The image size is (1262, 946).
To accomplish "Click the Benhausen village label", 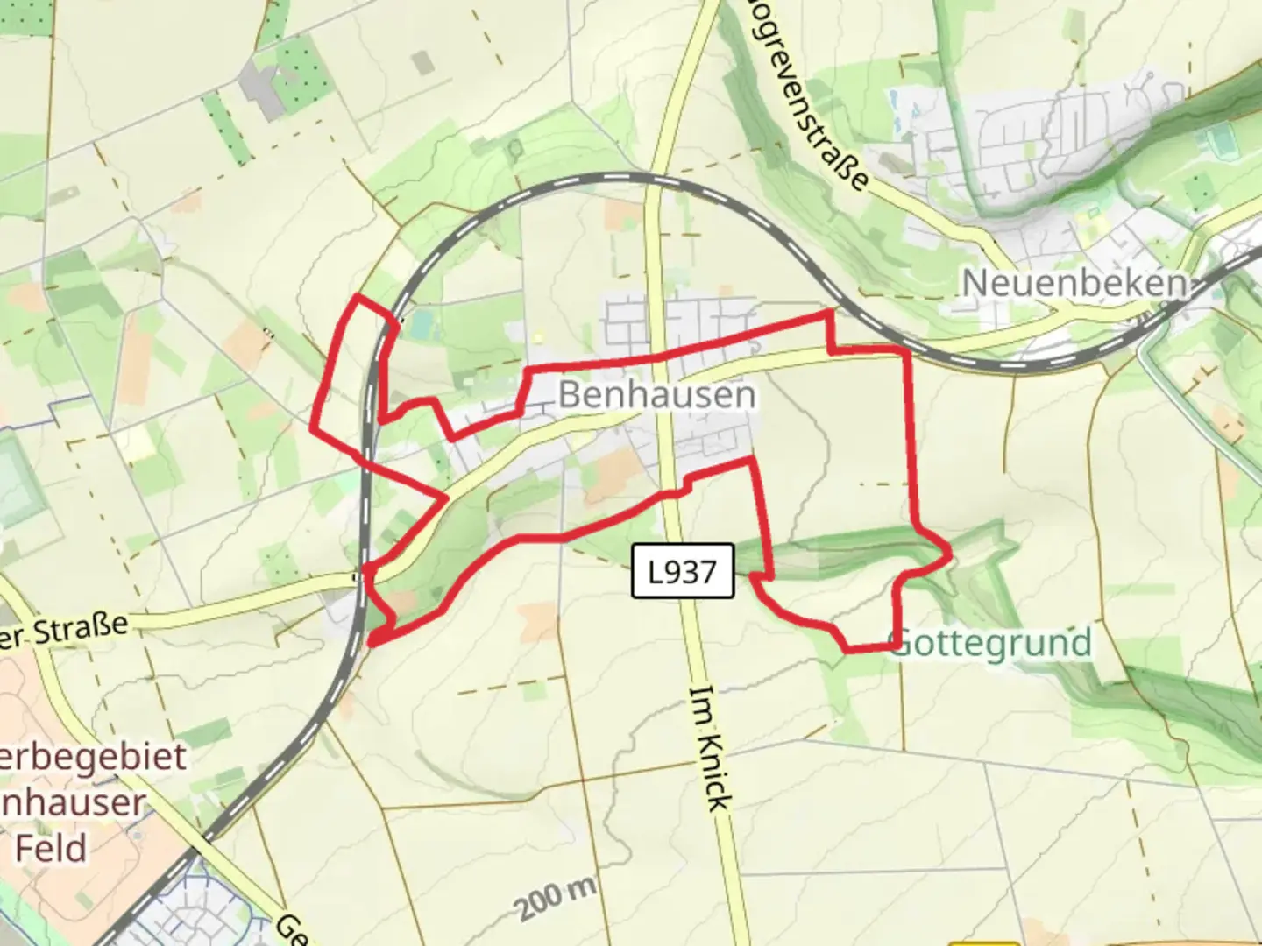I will (656, 394).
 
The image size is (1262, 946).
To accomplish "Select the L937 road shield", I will (682, 573).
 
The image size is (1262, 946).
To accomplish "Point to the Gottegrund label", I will (992, 643).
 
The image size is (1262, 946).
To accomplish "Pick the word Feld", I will (51, 848).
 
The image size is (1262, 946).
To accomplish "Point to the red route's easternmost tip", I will (949, 553).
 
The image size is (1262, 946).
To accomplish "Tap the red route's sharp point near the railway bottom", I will (372, 644).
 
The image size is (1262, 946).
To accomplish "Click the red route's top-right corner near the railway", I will (829, 312).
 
